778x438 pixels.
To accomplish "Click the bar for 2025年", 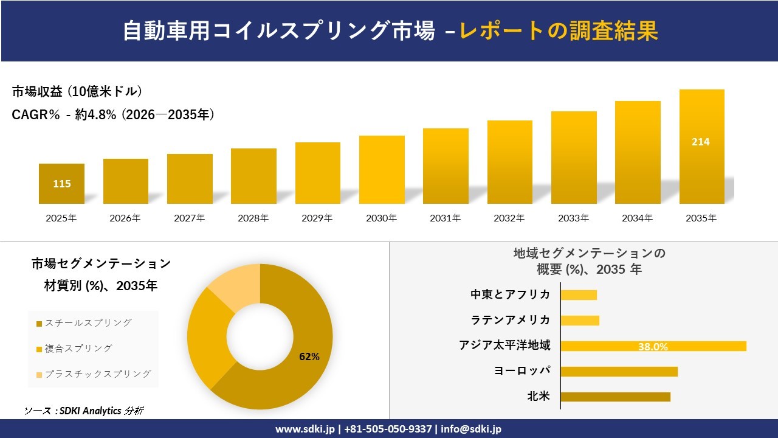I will [x=61, y=184].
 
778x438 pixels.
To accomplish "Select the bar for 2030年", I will [x=382, y=170].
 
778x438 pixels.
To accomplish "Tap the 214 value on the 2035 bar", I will [x=700, y=142].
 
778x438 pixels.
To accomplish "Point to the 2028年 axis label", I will [x=253, y=218].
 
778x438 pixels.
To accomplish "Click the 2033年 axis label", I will [x=574, y=218].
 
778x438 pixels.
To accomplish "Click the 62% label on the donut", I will [x=309, y=356].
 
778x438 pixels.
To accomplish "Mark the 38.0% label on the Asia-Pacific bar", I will [x=653, y=347].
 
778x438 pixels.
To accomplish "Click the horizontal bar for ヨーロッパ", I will [x=619, y=371].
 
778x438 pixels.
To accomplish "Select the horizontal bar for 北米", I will [x=615, y=397].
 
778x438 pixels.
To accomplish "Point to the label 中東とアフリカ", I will [x=510, y=294].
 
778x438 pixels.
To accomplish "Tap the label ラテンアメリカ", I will [x=510, y=320].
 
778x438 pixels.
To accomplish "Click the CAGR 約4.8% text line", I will [x=113, y=115].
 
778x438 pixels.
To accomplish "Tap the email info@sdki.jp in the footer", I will [x=471, y=429].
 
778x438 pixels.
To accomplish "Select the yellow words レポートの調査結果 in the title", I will [x=559, y=31].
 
